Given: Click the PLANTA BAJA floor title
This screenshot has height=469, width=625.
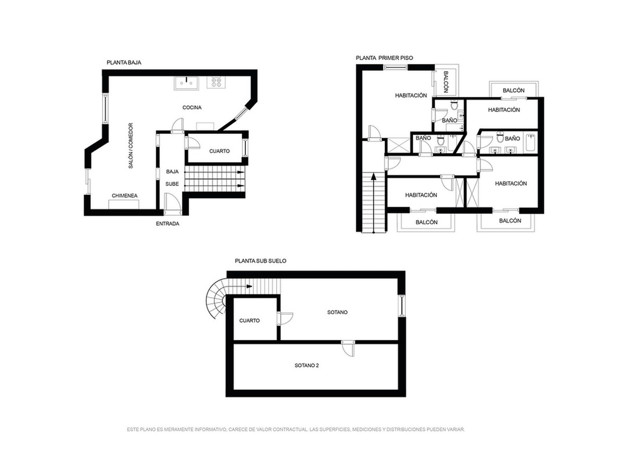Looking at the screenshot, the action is click(x=124, y=63).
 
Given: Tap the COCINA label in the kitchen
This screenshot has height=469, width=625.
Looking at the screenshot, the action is click(x=192, y=107).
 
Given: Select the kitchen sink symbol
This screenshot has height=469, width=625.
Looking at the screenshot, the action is click(x=186, y=83).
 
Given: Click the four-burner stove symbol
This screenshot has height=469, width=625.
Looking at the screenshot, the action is click(x=216, y=82).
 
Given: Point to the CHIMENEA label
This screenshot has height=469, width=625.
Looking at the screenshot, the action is click(x=124, y=195).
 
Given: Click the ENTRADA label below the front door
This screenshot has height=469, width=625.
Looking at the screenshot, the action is click(x=167, y=224).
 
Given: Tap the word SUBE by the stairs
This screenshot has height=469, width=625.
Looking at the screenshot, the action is click(x=172, y=184).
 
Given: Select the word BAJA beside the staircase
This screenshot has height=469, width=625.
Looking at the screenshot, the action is click(x=172, y=171).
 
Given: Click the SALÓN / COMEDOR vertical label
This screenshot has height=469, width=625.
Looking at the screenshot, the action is click(x=131, y=145).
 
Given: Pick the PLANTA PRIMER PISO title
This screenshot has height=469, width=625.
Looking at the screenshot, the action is click(x=384, y=58).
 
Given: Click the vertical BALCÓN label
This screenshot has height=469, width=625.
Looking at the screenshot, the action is click(x=446, y=82).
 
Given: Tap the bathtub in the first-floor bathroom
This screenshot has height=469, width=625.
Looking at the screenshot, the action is click(x=530, y=142).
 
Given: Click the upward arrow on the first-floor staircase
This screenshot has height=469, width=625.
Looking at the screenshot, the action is click(x=373, y=203).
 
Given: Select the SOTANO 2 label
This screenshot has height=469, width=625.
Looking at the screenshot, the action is click(x=307, y=365).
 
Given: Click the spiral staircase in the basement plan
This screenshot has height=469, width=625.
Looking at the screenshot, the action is click(x=216, y=300).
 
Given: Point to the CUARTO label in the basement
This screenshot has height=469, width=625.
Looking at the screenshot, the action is click(x=249, y=320).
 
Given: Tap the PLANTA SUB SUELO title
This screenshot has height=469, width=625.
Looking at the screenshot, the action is click(x=260, y=261).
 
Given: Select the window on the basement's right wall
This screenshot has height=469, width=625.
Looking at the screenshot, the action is click(x=402, y=305).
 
